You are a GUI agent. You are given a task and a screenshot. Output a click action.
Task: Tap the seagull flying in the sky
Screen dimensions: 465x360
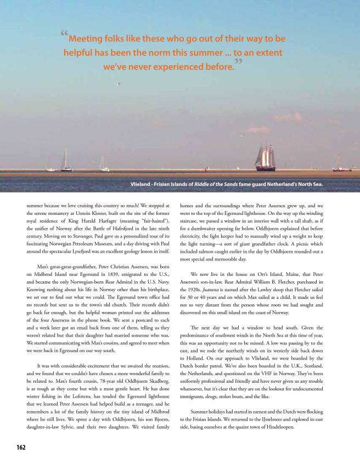pos(118,84)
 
